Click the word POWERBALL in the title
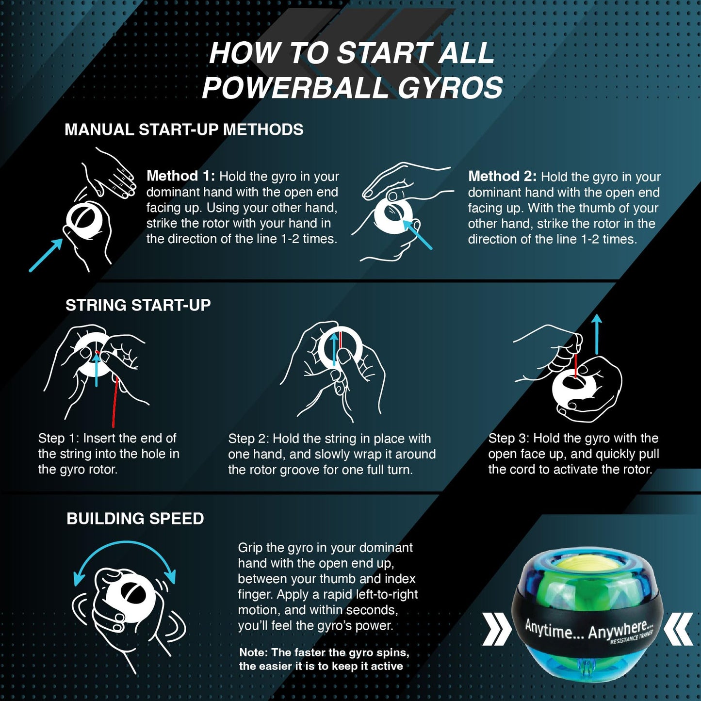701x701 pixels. tap(295, 88)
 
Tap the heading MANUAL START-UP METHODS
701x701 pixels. tap(184, 130)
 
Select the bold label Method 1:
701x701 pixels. tap(181, 177)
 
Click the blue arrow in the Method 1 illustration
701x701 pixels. tap(46, 255)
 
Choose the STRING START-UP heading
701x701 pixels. tap(138, 305)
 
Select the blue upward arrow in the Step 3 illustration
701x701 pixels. tap(597, 334)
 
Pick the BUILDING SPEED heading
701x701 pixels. tap(135, 519)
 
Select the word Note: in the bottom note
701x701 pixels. tap(254, 653)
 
